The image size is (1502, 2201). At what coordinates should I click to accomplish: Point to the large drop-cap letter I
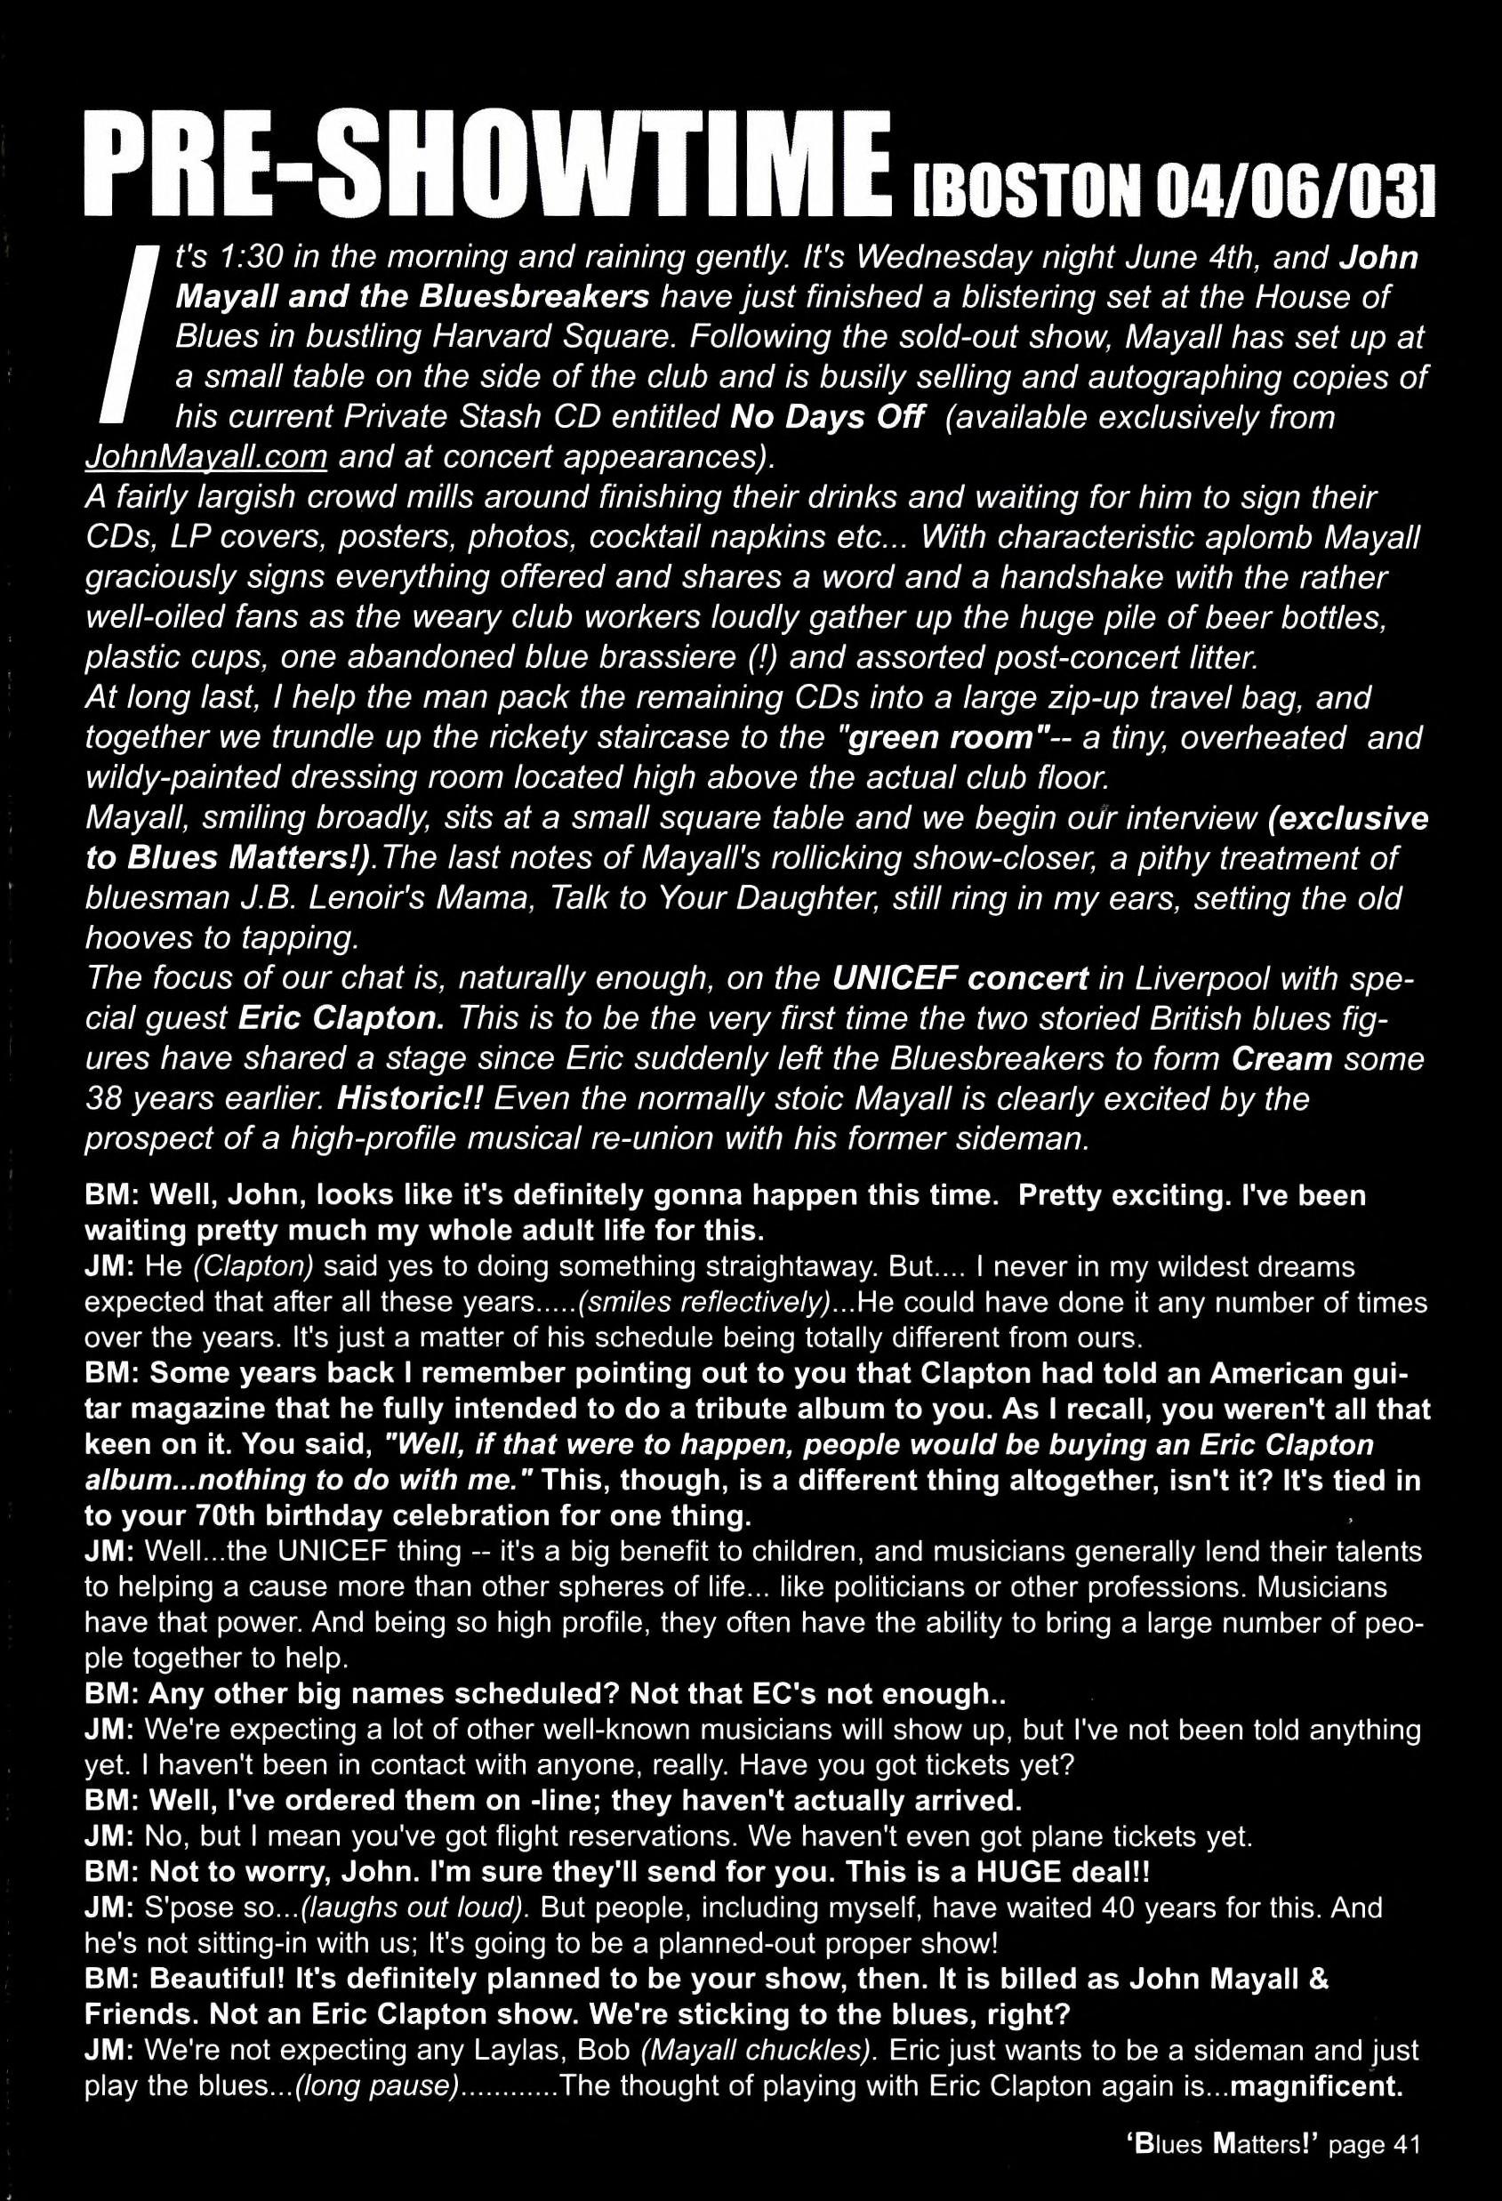point(129,333)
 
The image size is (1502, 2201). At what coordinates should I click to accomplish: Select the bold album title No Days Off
point(828,417)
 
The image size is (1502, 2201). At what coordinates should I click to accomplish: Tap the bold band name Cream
point(1281,1058)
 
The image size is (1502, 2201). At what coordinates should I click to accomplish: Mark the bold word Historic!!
point(411,1098)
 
